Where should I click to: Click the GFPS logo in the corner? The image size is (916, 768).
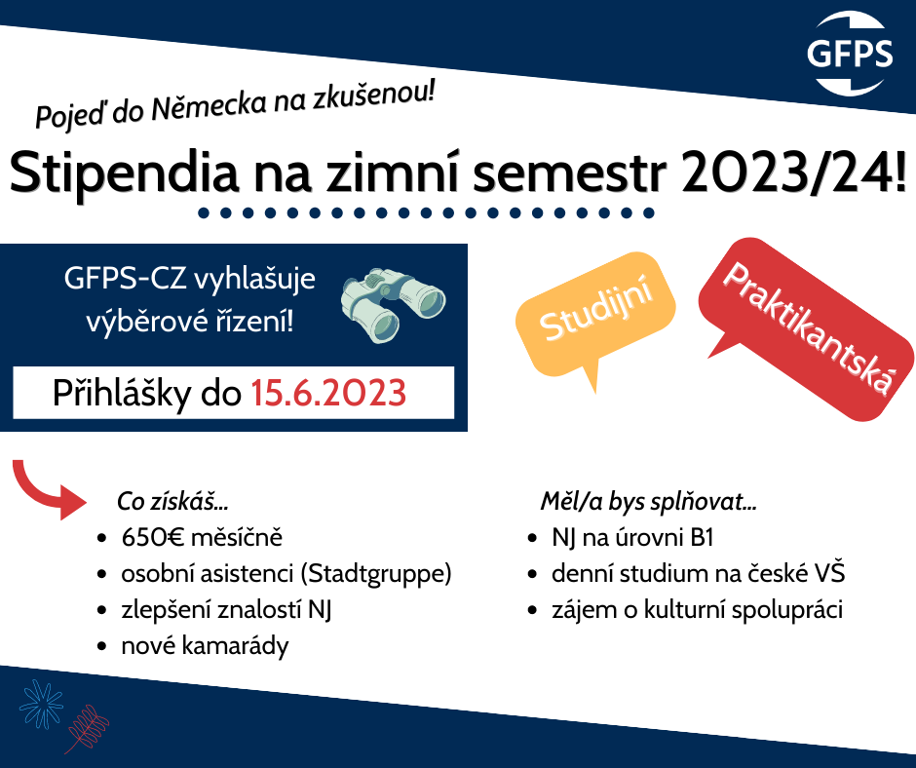point(850,54)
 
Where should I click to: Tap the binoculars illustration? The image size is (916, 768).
point(393,304)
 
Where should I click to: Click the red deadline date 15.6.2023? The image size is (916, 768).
point(328,393)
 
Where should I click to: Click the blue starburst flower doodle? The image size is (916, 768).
point(41,704)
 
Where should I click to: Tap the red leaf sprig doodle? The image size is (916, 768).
point(87,728)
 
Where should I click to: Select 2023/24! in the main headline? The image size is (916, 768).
point(793,172)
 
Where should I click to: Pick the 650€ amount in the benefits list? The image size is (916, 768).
point(154,537)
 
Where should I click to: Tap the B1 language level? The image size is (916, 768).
point(702,538)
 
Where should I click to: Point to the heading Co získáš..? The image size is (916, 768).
point(172,502)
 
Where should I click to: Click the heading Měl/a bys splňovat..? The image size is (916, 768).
point(648,502)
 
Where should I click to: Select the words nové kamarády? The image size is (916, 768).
point(205,647)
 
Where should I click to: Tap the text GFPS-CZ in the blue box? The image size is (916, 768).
point(125,280)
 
